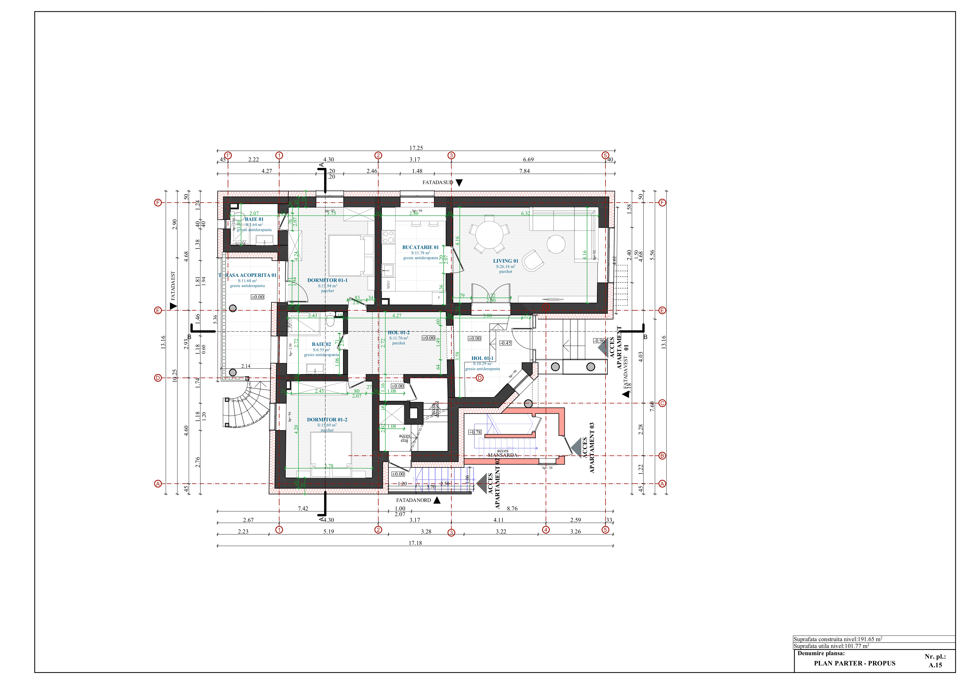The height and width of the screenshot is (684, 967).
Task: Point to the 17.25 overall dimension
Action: pos(416,148)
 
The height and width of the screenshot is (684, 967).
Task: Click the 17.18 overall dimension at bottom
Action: pos(415,543)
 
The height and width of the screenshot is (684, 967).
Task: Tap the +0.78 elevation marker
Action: pos(475,432)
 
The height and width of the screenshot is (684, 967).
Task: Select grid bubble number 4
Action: pos(546,530)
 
